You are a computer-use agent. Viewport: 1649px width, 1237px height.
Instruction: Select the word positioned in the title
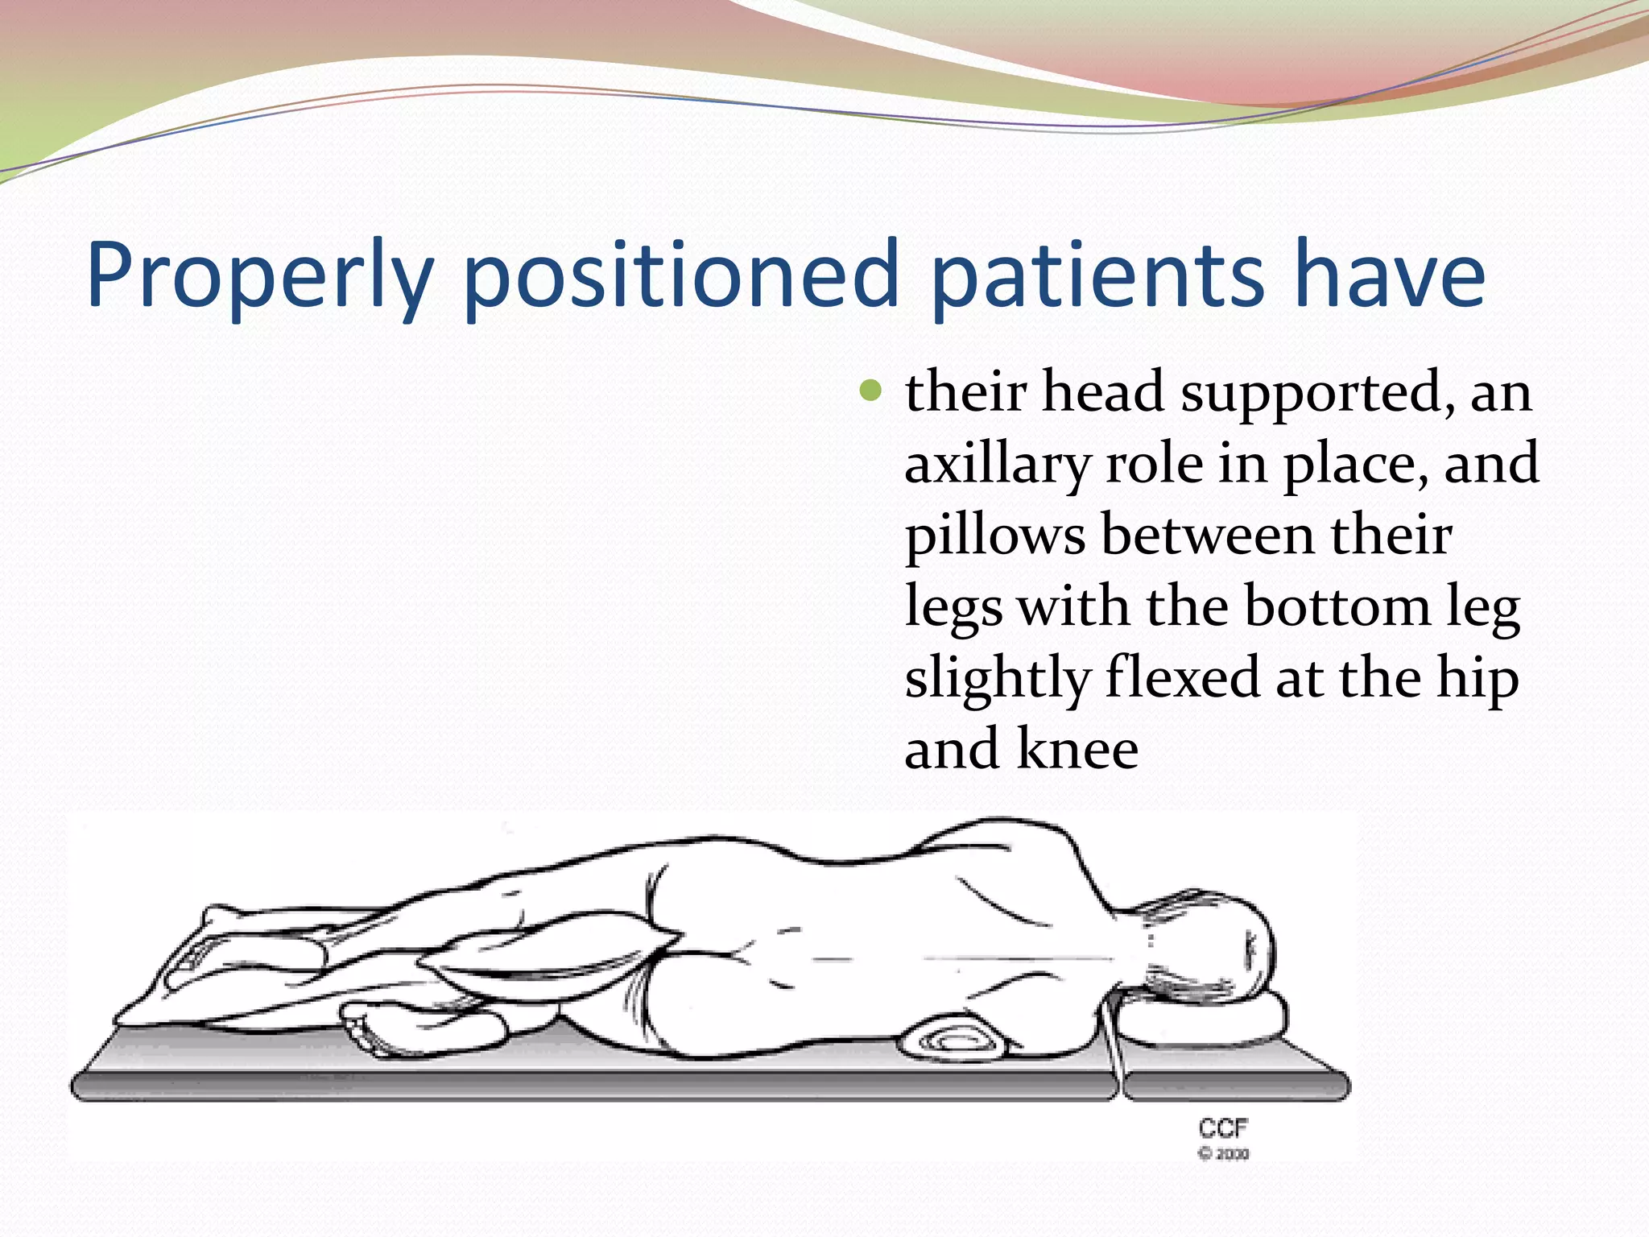pyautogui.click(x=680, y=275)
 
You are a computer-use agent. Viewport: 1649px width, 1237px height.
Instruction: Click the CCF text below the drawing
pyautogui.click(x=1222, y=1127)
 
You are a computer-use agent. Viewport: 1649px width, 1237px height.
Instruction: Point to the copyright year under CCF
pyautogui.click(x=1224, y=1154)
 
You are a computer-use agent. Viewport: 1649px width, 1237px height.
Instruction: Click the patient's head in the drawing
pyautogui.click(x=1216, y=942)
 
